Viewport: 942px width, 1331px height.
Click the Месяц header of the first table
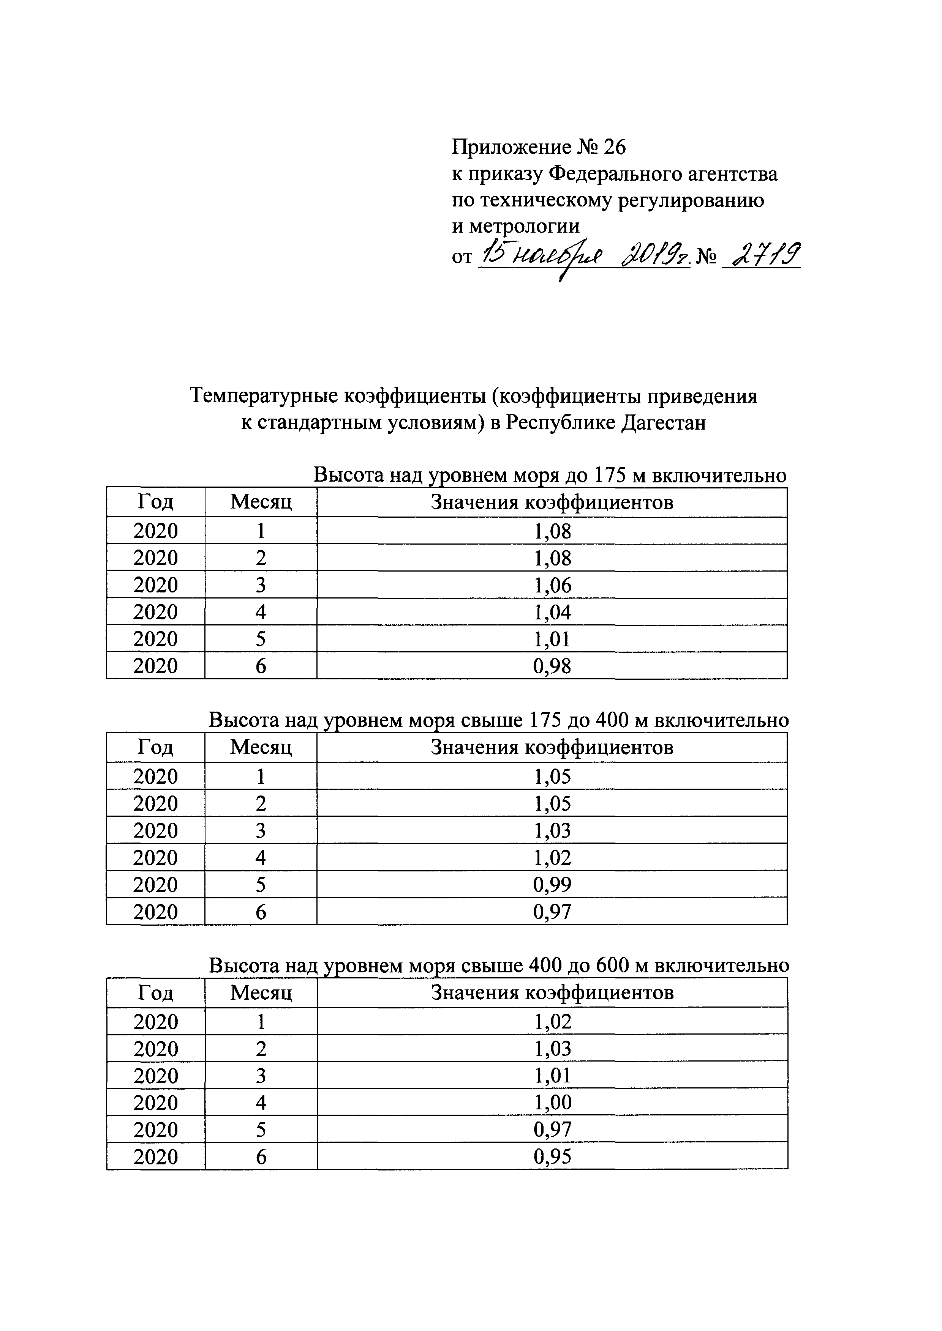[261, 502]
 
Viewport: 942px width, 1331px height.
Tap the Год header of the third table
[155, 993]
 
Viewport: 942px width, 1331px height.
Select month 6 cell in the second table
[261, 912]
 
